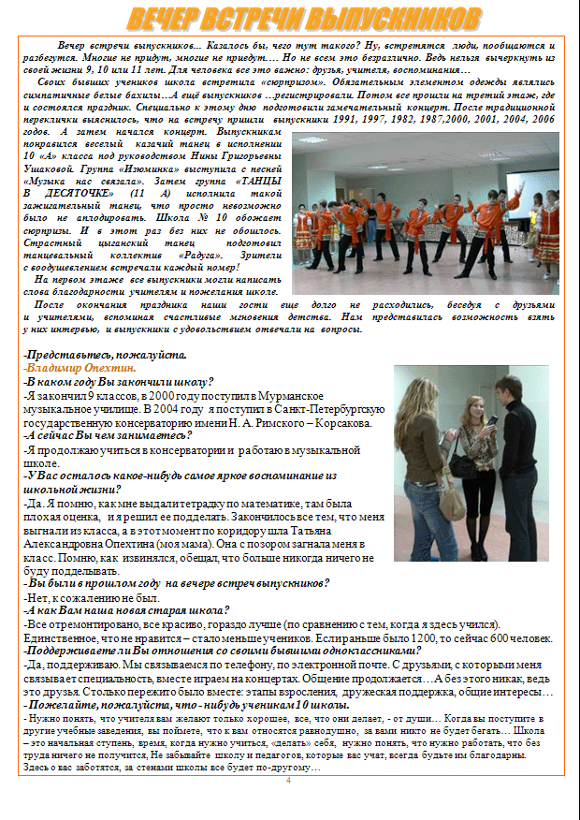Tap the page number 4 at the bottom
pos(288,780)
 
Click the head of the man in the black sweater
pos(508,386)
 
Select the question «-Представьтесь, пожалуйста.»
pos(105,355)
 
